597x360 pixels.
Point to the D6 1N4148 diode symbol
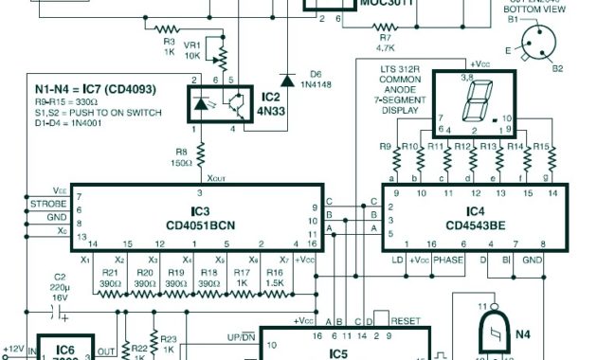(285, 80)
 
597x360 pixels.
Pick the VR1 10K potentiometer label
(192, 49)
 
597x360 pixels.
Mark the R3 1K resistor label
(169, 47)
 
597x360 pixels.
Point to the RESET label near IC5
(405, 322)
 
